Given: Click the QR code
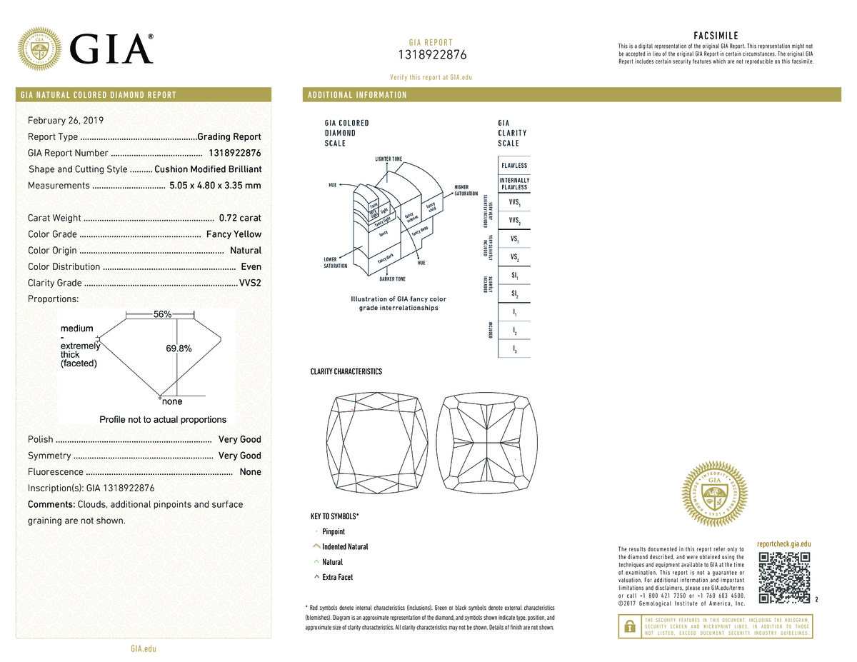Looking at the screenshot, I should (784, 577).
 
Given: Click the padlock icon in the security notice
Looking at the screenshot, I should (629, 626).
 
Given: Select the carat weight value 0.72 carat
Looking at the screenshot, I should (240, 218).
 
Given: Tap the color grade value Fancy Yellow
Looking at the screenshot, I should (234, 234).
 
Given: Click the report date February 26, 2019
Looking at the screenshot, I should (66, 120).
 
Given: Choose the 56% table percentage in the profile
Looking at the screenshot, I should (162, 315).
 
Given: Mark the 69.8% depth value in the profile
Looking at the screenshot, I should (179, 348).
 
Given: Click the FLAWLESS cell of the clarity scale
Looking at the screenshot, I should (514, 166).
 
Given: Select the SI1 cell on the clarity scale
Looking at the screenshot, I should (514, 275).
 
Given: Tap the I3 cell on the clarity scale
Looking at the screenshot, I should (514, 348).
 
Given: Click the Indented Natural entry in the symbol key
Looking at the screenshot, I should (345, 547).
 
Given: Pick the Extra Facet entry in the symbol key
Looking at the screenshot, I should (337, 577).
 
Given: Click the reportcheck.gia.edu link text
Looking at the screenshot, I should (783, 544).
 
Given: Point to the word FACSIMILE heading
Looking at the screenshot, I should (716, 36).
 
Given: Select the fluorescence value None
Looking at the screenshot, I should (250, 472).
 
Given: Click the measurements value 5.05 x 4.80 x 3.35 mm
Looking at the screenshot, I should (215, 186).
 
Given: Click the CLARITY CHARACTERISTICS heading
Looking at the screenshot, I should (346, 371).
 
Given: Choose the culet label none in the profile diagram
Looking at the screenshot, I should (172, 402).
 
